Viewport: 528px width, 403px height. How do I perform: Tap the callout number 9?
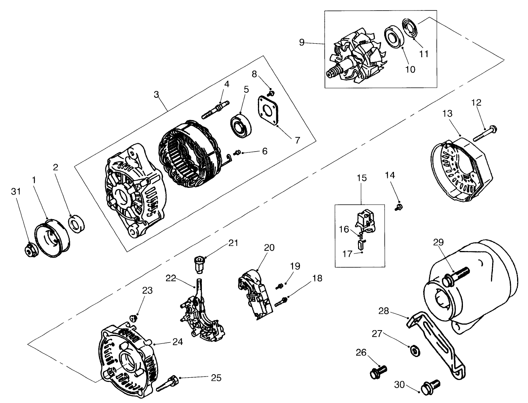click(x=302, y=42)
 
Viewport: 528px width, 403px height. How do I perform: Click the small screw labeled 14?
click(x=399, y=207)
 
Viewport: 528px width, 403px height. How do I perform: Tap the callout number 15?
click(x=362, y=179)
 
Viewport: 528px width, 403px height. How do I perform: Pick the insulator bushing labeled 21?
click(x=200, y=265)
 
